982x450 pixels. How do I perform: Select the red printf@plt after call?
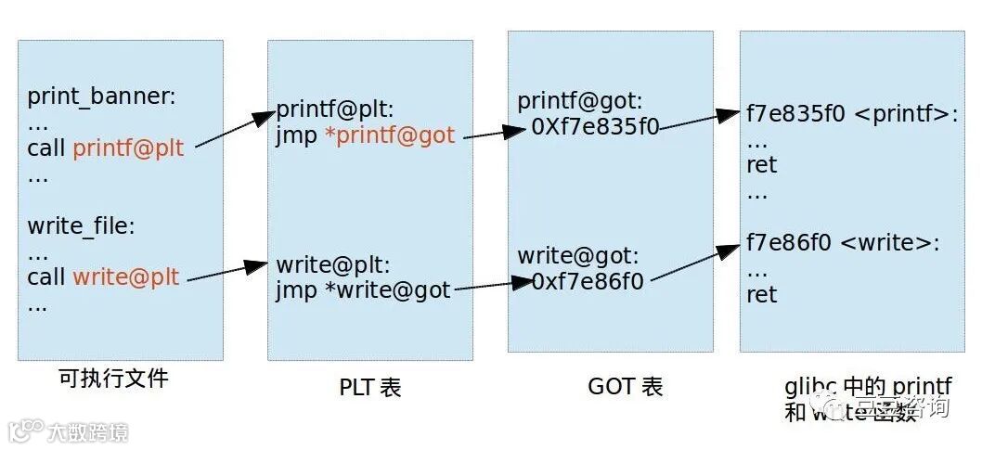coord(128,148)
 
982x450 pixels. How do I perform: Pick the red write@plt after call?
coord(125,276)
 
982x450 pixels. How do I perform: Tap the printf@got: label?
coord(579,100)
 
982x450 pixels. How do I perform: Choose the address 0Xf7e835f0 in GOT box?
coord(595,126)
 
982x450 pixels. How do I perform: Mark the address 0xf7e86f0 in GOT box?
coord(588,280)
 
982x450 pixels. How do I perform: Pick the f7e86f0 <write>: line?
coord(843,244)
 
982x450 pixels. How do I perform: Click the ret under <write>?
coord(761,295)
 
